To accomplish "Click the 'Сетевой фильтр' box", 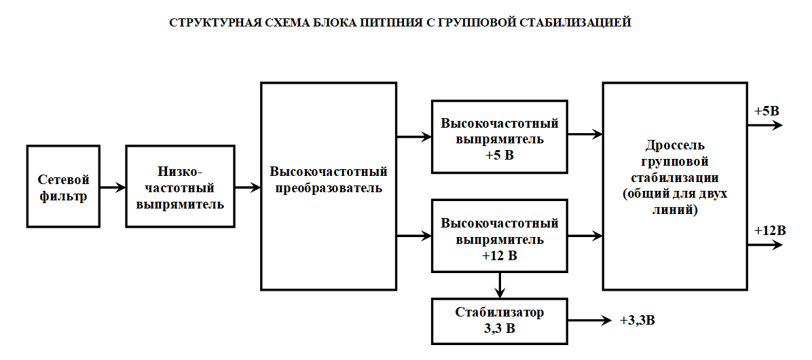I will [63, 186].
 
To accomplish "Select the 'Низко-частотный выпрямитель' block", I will [180, 186].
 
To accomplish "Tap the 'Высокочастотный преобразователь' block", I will [329, 186].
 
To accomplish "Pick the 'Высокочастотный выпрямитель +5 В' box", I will [500, 136].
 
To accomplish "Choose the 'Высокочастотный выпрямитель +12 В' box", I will [500, 236].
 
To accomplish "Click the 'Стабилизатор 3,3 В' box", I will [500, 320].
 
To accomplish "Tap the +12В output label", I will [770, 230].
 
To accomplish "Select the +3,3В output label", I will [638, 320].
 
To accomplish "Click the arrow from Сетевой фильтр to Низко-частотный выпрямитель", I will [113, 186].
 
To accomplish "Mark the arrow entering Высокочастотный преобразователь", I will [248, 186].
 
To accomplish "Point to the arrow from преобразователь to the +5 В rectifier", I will [413, 136].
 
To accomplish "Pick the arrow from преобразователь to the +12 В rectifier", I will [413, 236].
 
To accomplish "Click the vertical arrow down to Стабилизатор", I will [500, 285].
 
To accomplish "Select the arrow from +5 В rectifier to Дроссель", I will [585, 134].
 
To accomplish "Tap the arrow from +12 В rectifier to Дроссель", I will [585, 236].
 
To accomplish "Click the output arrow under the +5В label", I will [764, 125].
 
